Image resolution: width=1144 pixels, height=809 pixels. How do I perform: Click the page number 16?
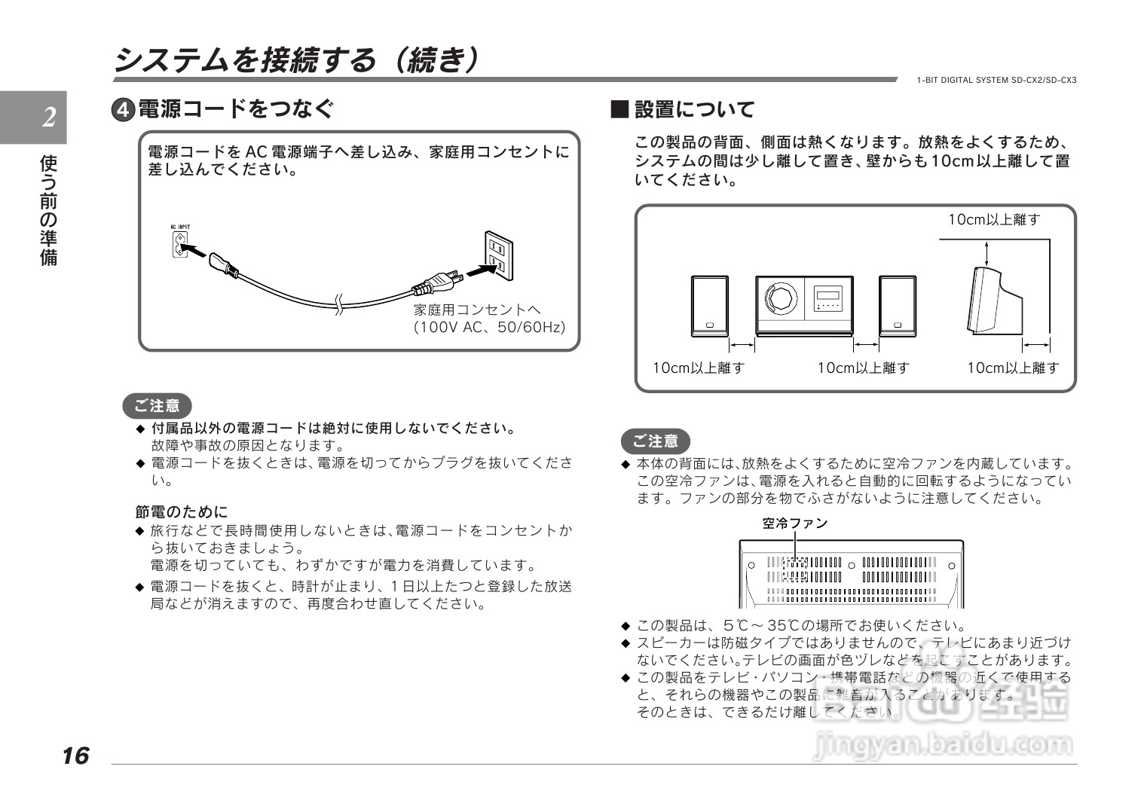click(75, 756)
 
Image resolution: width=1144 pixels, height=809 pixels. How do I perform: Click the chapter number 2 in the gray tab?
click(49, 118)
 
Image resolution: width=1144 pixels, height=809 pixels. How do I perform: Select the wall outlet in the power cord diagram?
click(497, 254)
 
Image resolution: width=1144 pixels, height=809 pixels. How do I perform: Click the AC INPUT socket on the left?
click(179, 244)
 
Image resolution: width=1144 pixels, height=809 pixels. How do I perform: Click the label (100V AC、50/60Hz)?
click(489, 328)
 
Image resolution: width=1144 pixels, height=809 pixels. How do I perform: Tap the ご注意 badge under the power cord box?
click(157, 406)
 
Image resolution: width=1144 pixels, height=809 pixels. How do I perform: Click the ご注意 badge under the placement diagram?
click(655, 441)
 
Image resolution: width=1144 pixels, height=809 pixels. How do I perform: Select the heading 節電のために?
click(181, 512)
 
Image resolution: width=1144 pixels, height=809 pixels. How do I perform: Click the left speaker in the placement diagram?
click(709, 306)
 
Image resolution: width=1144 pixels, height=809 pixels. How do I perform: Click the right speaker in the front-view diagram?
click(897, 306)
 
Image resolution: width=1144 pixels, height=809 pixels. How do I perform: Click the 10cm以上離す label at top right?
click(993, 220)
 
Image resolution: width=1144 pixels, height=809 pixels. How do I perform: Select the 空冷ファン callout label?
click(794, 524)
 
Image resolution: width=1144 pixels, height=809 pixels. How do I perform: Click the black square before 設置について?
click(619, 110)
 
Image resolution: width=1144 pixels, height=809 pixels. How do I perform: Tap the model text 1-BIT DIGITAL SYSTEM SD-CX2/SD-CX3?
click(996, 80)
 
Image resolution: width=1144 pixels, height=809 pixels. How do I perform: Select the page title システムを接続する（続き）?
click(295, 60)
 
